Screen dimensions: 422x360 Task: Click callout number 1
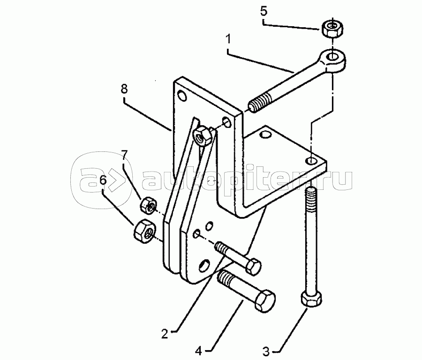coord(228,39)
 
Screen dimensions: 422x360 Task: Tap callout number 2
coord(165,334)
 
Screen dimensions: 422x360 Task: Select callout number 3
coord(266,351)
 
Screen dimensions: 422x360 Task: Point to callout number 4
coord(198,351)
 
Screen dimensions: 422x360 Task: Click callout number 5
coord(264,12)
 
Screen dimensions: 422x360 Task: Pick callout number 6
coord(103,180)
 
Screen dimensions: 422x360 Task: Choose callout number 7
coord(124,156)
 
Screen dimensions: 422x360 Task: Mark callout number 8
coord(124,89)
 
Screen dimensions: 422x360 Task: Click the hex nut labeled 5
coord(332,28)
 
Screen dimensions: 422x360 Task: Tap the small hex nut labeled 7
coord(148,206)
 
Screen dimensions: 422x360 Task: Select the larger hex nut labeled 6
coord(144,231)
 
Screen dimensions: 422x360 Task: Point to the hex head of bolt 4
coord(265,300)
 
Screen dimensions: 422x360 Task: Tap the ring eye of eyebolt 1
coord(332,60)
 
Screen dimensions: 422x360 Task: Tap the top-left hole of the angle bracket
coord(182,96)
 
